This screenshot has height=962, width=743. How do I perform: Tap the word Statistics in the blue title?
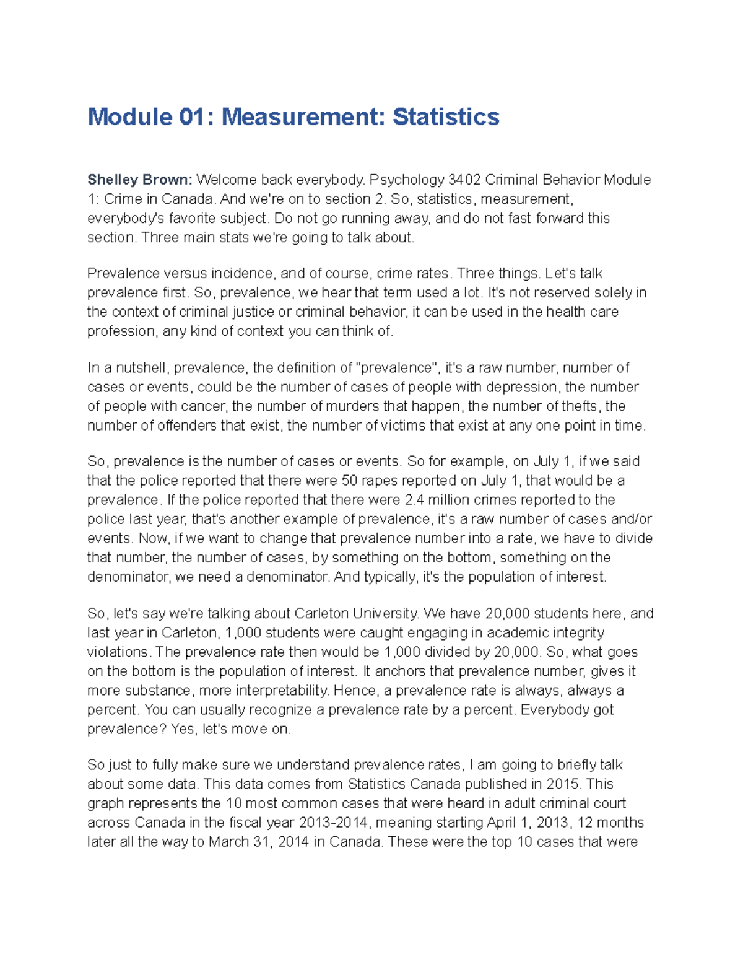click(446, 117)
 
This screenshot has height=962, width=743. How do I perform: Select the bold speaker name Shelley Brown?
click(140, 180)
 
